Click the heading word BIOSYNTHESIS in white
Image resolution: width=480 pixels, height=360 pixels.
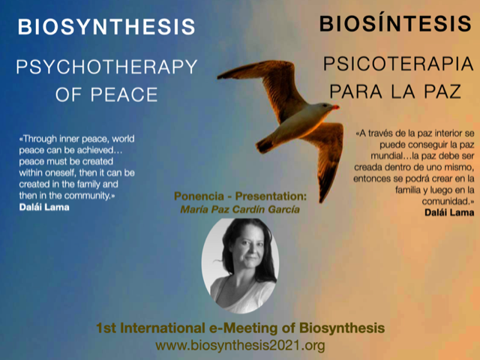[106, 27]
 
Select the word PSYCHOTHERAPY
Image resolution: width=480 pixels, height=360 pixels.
[106, 67]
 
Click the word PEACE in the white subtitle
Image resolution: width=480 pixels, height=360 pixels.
[124, 94]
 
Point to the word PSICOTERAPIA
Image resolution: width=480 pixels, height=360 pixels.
[398, 64]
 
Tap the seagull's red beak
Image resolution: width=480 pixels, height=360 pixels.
[335, 107]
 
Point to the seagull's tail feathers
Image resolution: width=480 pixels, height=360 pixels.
[264, 145]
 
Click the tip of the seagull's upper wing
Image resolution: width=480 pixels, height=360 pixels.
[218, 76]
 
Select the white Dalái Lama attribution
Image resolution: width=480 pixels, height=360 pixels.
[44, 207]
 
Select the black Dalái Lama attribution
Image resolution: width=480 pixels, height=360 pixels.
[449, 212]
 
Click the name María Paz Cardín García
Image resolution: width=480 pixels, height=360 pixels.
[240, 209]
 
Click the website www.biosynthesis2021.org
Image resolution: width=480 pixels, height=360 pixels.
[240, 346]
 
